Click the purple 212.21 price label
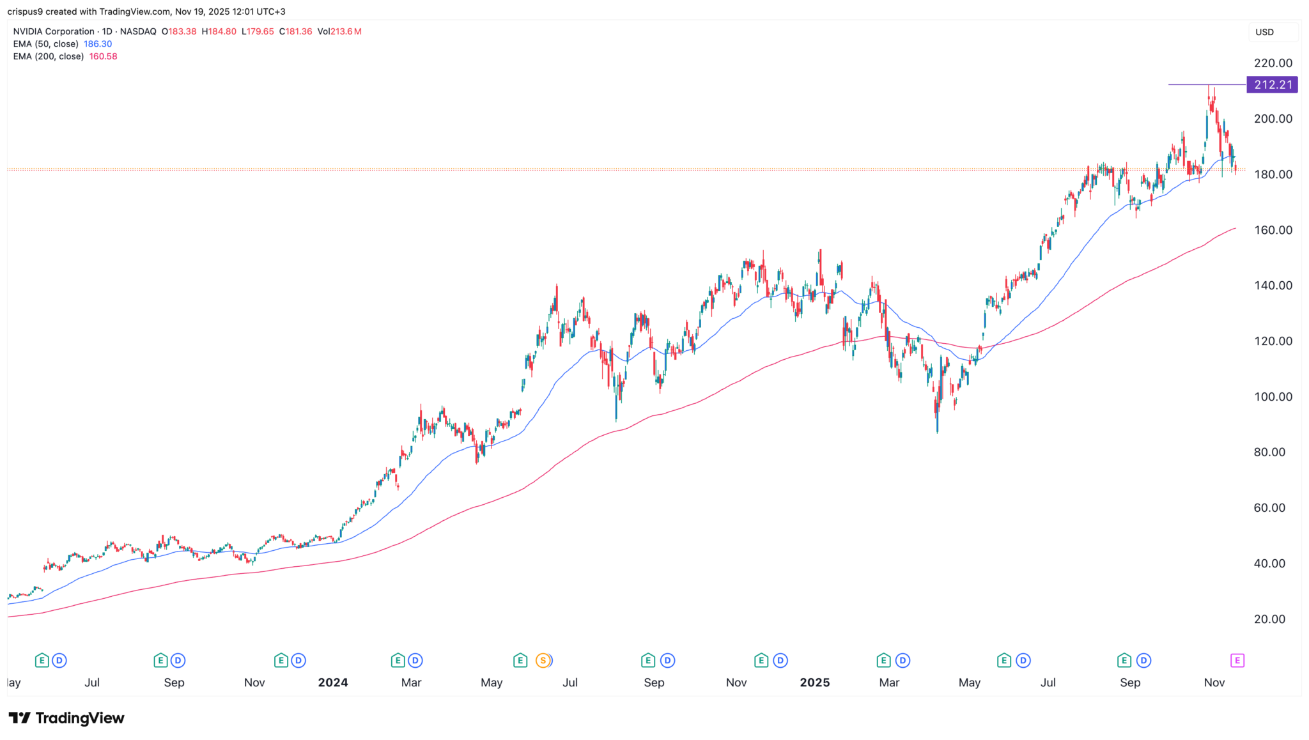(x=1272, y=85)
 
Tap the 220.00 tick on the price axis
(x=1273, y=63)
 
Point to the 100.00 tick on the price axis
(x=1273, y=397)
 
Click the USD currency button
(x=1264, y=32)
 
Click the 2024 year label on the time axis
(x=333, y=682)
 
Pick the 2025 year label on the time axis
(x=815, y=682)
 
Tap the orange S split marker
(x=543, y=661)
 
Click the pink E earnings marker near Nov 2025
(x=1237, y=661)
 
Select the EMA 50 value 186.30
(x=98, y=44)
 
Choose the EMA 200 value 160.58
(x=103, y=56)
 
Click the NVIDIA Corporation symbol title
(x=54, y=31)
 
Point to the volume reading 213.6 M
(x=347, y=31)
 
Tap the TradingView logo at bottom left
(x=66, y=718)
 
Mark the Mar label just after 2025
(x=889, y=682)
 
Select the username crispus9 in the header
(x=25, y=12)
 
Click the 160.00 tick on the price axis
(x=1273, y=230)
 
